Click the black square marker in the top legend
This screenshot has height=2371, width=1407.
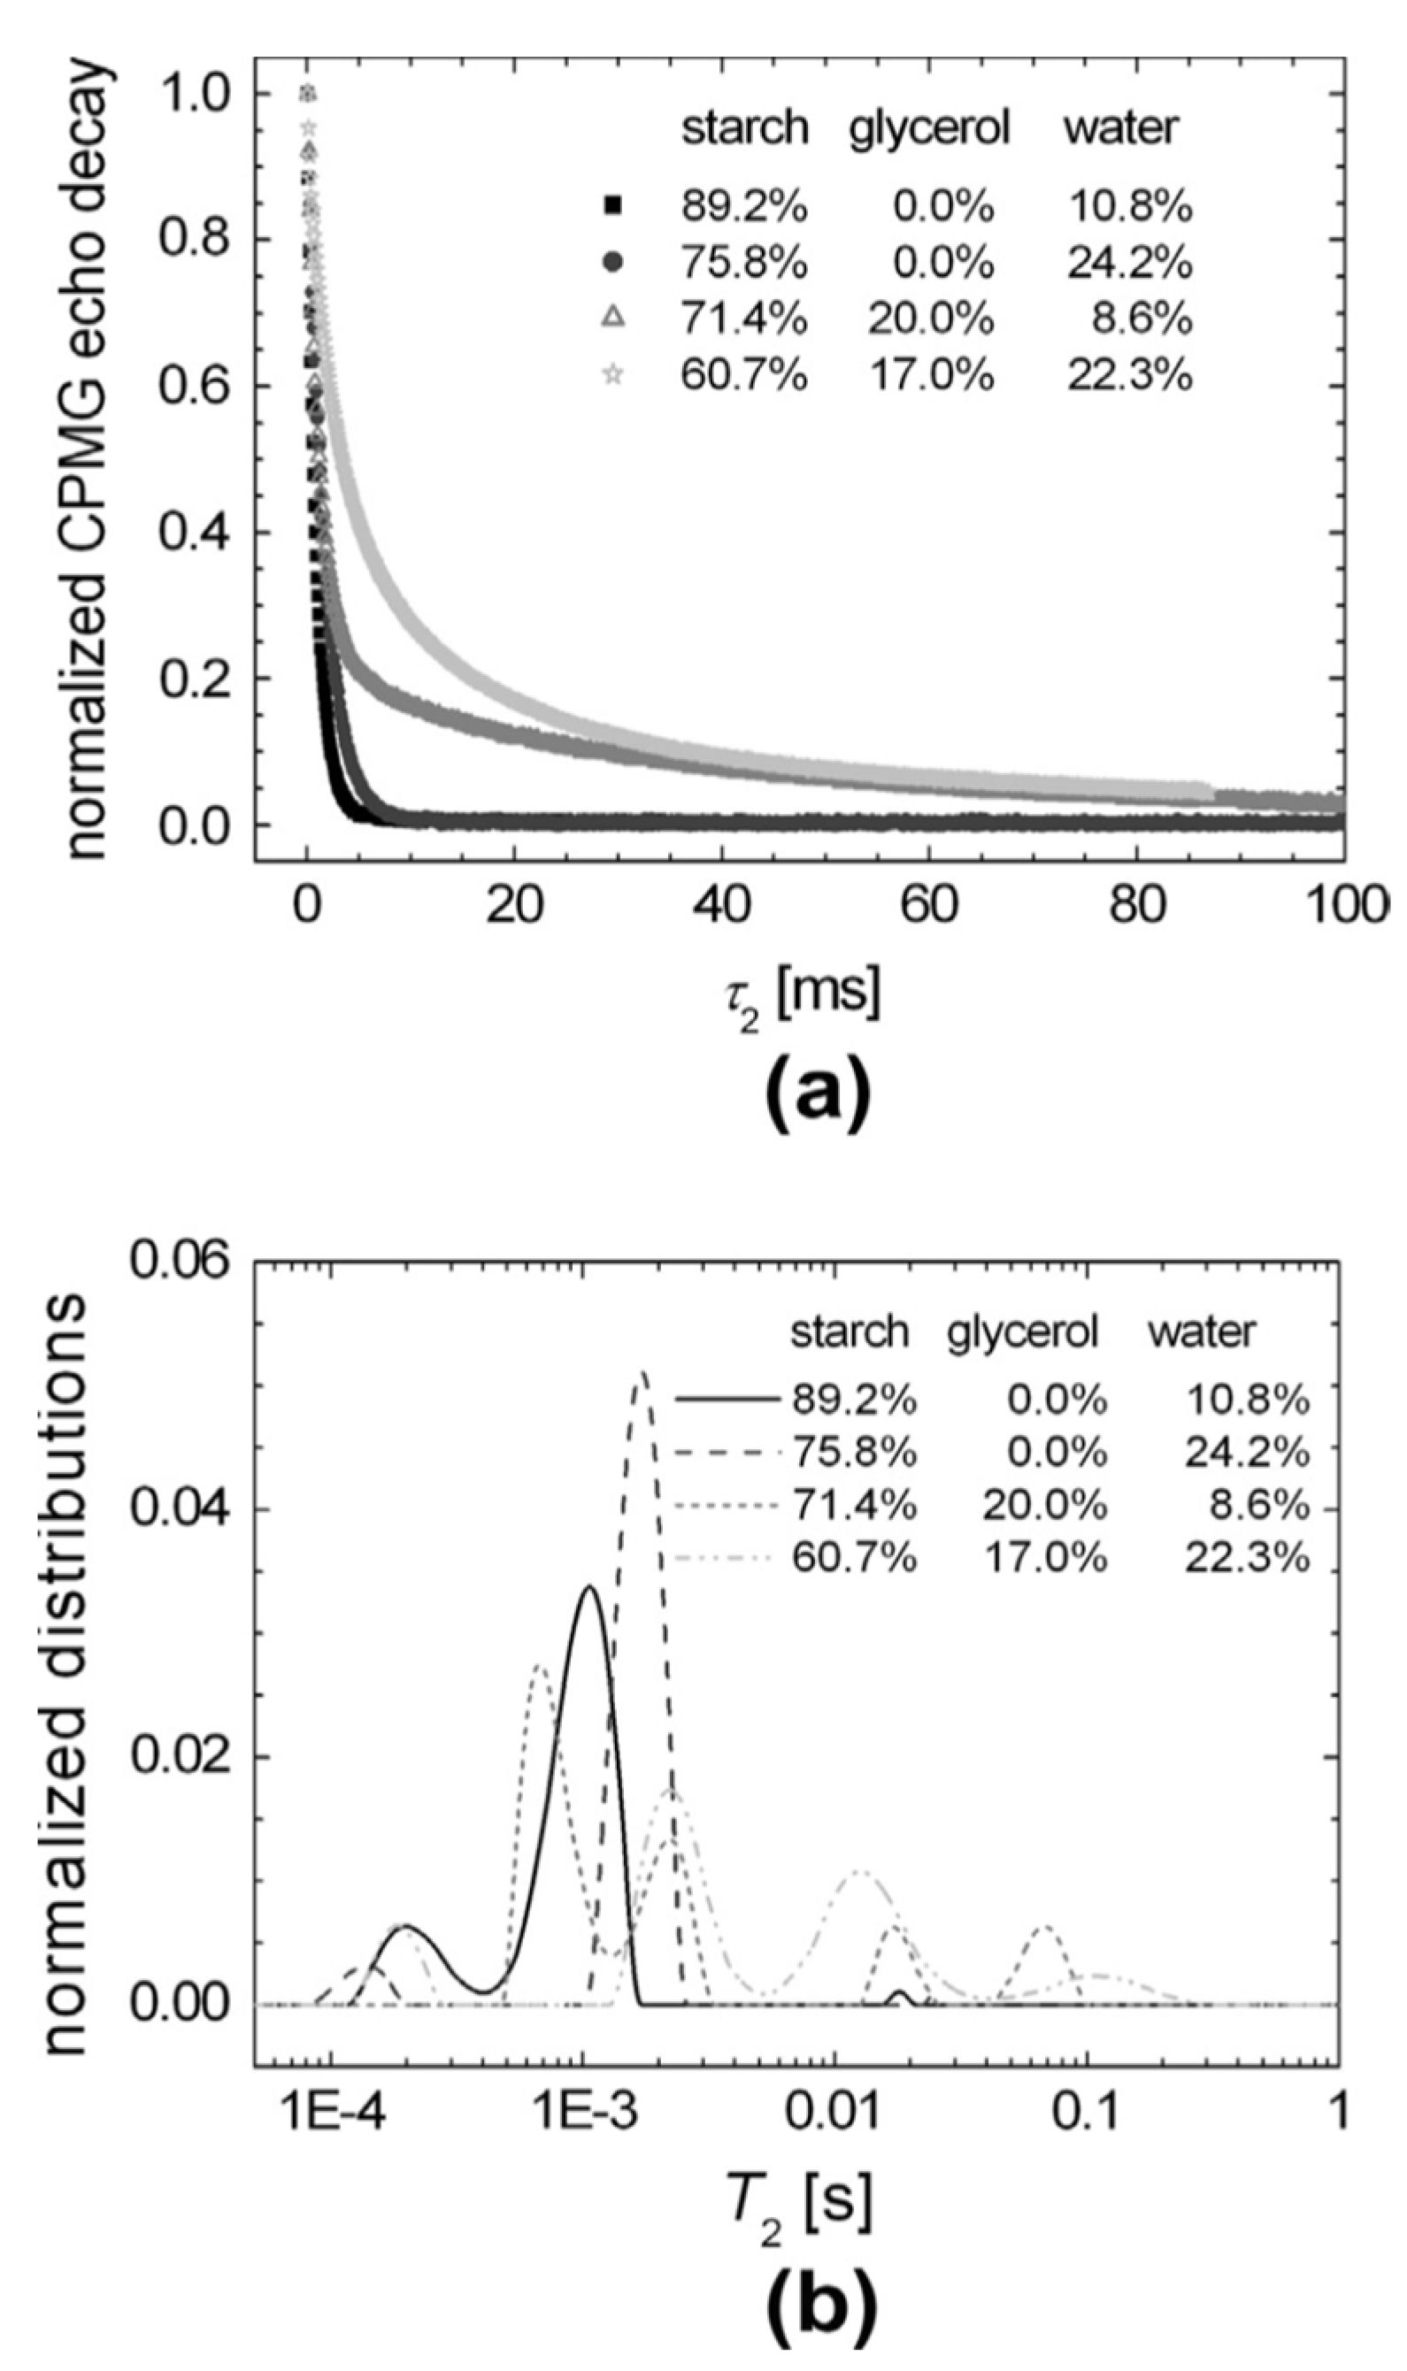click(x=613, y=203)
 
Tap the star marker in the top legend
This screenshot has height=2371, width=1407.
click(x=613, y=376)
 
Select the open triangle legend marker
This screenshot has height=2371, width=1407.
click(x=613, y=318)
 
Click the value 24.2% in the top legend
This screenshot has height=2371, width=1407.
click(x=1129, y=263)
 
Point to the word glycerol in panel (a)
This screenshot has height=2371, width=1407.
click(x=929, y=127)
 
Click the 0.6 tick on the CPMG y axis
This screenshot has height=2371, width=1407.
click(x=195, y=386)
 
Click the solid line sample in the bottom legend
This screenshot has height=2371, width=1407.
click(x=728, y=1399)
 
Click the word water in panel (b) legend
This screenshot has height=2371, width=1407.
click(x=1202, y=1332)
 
